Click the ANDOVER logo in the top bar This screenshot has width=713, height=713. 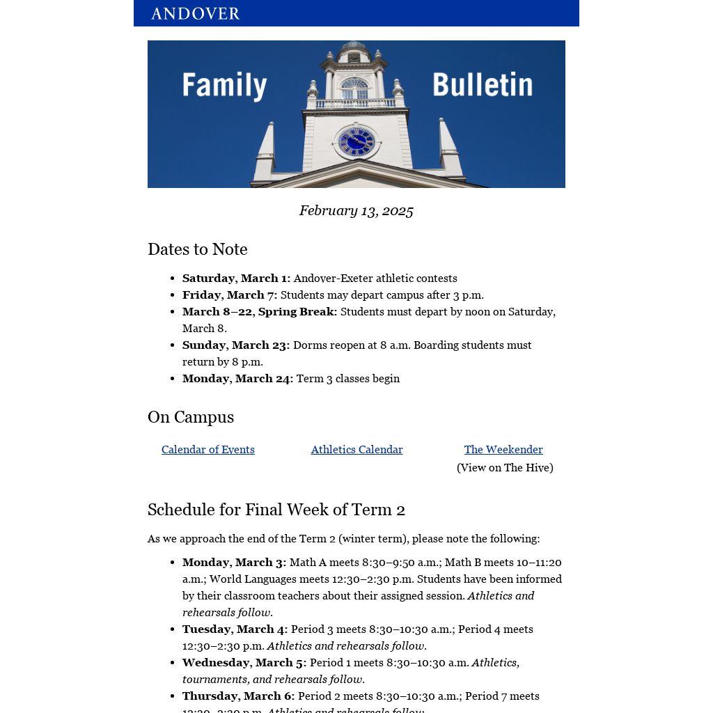coord(195,14)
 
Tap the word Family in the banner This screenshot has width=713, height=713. coord(224,86)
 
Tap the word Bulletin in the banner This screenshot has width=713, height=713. coord(482,85)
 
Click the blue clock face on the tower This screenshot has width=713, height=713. coord(356,142)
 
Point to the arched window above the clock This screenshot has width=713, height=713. coord(354,88)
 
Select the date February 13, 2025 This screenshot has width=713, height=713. coord(356,211)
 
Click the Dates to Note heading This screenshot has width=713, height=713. coord(198,249)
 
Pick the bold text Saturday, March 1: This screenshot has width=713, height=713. coord(236,279)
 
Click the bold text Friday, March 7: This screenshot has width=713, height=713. coord(230,295)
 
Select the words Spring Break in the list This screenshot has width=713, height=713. coord(297,312)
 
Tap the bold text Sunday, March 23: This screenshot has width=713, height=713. coord(236,345)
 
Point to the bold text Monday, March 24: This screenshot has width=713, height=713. coord(237,379)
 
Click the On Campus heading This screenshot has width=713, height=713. coord(191,417)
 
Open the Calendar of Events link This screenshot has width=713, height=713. coord(208,450)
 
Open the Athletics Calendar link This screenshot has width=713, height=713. coord(356,450)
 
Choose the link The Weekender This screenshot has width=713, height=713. coord(503,450)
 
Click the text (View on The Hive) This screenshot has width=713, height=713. coord(505,468)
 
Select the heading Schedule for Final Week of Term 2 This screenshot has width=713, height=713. coord(276,510)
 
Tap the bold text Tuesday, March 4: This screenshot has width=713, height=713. coord(235,629)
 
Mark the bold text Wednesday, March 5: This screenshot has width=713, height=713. coord(244,663)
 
